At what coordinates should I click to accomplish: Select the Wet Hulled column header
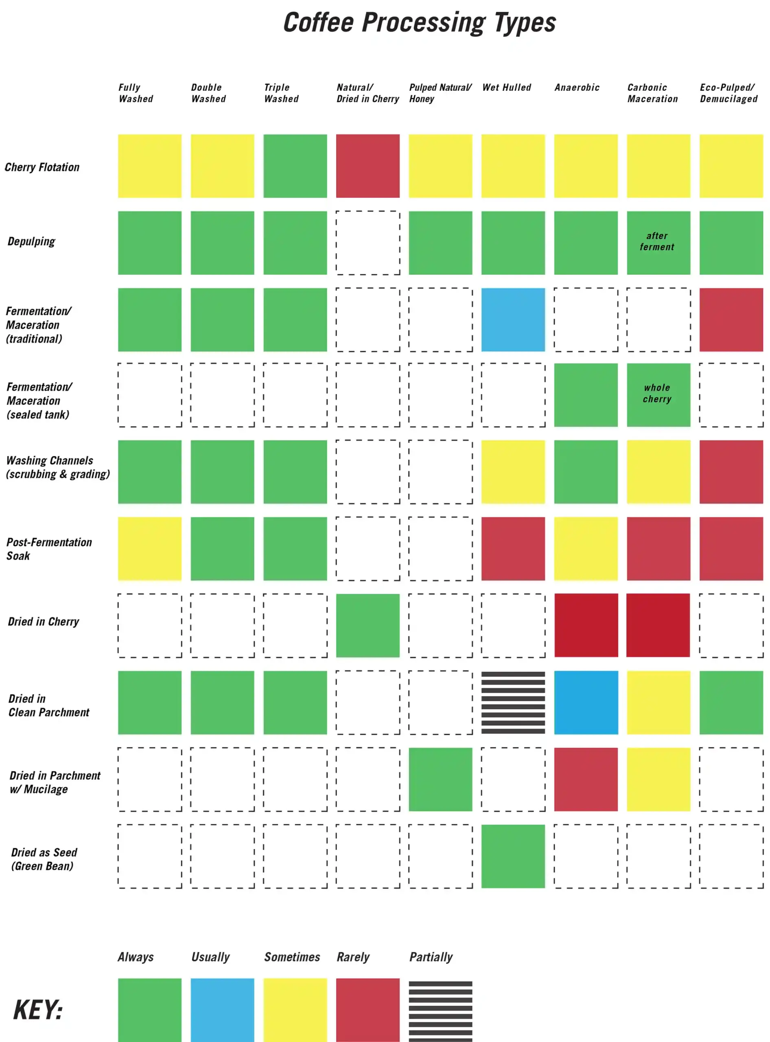click(507, 88)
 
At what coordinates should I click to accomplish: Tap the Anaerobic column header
click(577, 88)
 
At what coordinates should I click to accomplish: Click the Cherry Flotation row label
click(42, 167)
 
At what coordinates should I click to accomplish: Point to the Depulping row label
click(31, 241)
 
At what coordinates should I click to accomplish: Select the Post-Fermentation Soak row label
click(49, 549)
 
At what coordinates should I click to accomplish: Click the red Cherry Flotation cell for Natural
click(368, 166)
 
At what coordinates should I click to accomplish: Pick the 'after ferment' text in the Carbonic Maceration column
click(657, 241)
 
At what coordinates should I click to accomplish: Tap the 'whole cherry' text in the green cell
click(657, 394)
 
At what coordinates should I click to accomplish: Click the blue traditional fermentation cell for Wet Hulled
click(513, 320)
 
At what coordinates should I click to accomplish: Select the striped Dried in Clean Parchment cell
click(513, 703)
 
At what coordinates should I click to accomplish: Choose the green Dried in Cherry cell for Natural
click(368, 626)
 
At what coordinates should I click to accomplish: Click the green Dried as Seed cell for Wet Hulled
click(513, 856)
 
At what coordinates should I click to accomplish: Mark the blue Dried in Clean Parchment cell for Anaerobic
click(586, 703)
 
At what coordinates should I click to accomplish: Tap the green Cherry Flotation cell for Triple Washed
click(295, 166)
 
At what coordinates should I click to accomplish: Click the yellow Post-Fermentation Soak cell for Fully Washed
click(150, 549)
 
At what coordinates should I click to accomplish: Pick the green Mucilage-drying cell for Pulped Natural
click(440, 779)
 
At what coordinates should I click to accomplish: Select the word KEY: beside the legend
click(38, 1010)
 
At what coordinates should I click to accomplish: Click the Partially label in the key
click(431, 957)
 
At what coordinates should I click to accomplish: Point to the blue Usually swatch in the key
click(222, 1009)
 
